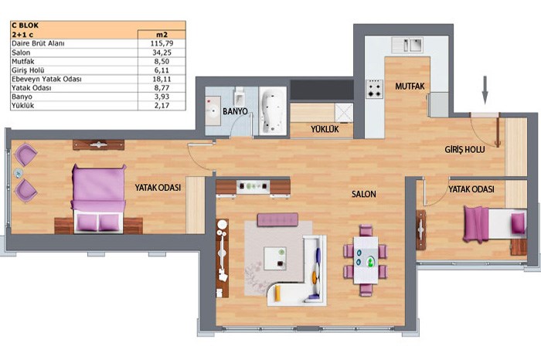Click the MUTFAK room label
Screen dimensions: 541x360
pyautogui.click(x=410, y=87)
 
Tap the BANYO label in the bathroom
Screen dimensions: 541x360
pyautogui.click(x=235, y=111)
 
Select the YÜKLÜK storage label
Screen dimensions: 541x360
pyautogui.click(x=325, y=129)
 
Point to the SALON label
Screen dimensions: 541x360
pyautogui.click(x=364, y=194)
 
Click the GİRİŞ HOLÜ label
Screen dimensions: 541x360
pyautogui.click(x=464, y=150)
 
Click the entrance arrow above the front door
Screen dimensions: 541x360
pyautogui.click(x=485, y=90)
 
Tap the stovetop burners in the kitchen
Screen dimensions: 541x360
pyautogui.click(x=375, y=89)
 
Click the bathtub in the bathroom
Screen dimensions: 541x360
pyautogui.click(x=273, y=110)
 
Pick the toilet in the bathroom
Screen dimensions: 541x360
pyautogui.click(x=239, y=96)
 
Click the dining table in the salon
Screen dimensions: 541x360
pyautogui.click(x=366, y=260)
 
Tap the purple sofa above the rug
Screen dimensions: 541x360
pyautogui.click(x=277, y=219)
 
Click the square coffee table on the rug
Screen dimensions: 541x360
pyautogui.click(x=275, y=258)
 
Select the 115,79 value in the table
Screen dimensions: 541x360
pyautogui.click(x=162, y=43)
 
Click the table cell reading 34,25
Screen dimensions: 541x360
pyautogui.click(x=162, y=53)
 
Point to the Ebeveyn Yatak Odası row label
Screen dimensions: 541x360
pyautogui.click(x=46, y=79)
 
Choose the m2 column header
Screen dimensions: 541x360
pyautogui.click(x=162, y=35)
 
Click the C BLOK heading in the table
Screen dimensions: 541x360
pyautogui.click(x=26, y=25)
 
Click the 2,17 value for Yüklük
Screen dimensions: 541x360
pyautogui.click(x=162, y=106)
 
